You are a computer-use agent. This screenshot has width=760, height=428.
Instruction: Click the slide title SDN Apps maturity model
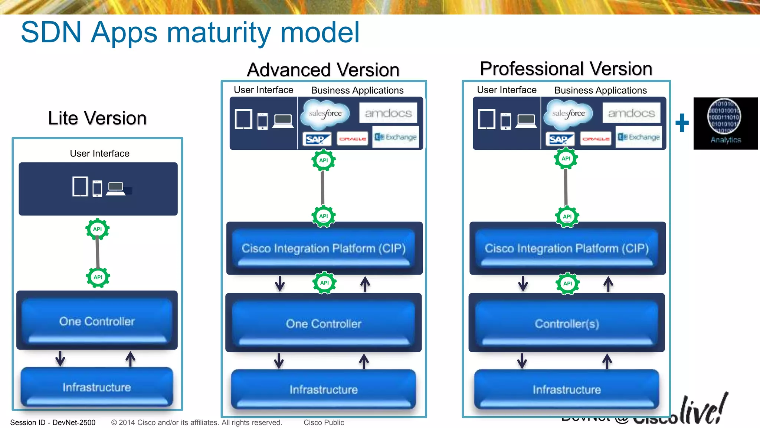(190, 33)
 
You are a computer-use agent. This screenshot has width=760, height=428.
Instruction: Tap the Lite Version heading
(97, 118)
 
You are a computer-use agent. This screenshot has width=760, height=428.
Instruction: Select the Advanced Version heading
(323, 70)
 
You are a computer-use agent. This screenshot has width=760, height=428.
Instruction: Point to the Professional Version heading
(566, 69)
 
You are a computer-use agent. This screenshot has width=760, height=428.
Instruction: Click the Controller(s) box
(567, 323)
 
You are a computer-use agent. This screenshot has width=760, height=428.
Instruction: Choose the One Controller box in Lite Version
(97, 321)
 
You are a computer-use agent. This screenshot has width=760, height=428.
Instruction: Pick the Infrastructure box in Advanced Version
(324, 389)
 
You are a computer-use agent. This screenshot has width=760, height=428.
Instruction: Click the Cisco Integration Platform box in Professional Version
(567, 248)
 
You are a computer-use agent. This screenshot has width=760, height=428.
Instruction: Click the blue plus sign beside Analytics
(682, 123)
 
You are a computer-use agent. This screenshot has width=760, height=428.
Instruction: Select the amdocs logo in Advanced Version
(388, 113)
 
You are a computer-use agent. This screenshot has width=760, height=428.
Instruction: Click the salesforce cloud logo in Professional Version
(568, 113)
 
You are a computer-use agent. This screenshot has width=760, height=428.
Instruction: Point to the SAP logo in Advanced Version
(317, 139)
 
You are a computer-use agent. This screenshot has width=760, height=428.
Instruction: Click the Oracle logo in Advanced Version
(353, 139)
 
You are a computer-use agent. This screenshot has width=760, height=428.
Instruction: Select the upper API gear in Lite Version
(98, 229)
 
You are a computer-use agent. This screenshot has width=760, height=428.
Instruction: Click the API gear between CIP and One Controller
(324, 283)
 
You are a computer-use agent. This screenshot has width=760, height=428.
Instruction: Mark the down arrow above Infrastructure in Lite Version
(60, 358)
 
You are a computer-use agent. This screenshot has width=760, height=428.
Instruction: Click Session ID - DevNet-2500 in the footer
(53, 422)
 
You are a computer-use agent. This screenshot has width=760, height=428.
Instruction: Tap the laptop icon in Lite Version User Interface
(116, 188)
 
